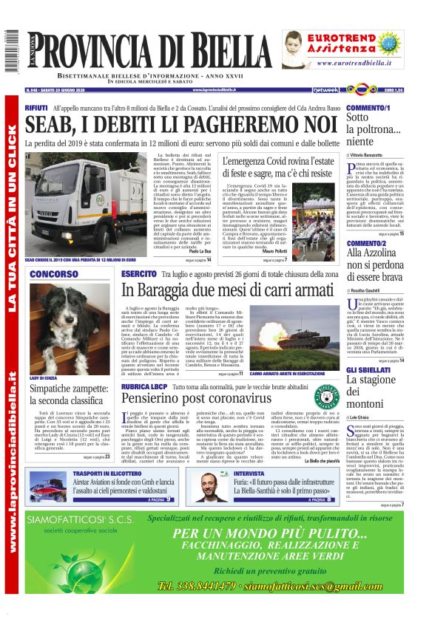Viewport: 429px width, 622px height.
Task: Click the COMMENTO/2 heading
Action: coord(366,243)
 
